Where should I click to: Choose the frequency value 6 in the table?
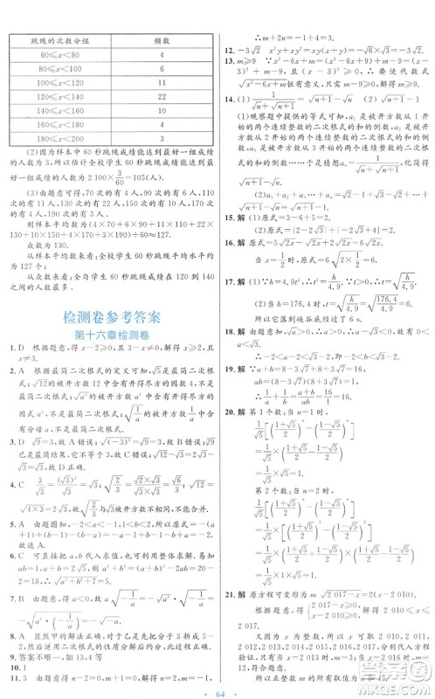point(162,72)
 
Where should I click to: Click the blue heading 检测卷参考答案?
point(109,340)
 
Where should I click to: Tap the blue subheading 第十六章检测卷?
point(109,361)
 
